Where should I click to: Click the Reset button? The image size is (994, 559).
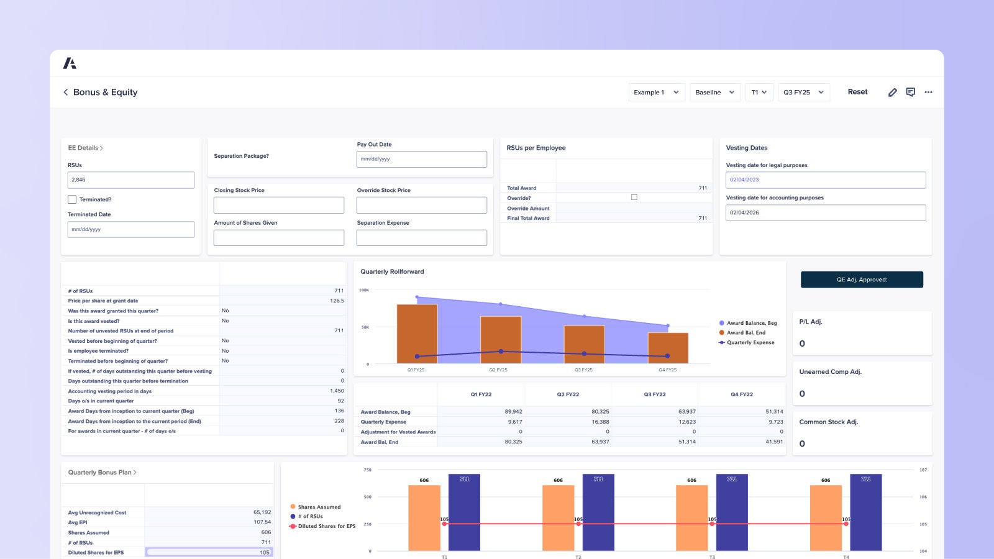pos(857,92)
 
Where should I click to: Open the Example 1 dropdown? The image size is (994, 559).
pos(657,92)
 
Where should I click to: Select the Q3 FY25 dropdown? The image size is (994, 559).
pos(803,92)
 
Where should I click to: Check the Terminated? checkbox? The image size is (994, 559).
pos(72,199)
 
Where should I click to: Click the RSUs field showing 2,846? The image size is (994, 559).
pos(130,180)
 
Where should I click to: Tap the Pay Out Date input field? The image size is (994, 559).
pos(421,159)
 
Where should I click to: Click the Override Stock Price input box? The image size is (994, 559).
pos(421,206)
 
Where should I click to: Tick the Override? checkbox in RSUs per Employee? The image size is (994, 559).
pos(634,198)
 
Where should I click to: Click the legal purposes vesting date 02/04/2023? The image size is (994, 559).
pos(825,180)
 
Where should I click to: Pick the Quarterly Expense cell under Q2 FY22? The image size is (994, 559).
pos(568,422)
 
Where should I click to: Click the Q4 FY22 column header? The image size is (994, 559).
pos(742,394)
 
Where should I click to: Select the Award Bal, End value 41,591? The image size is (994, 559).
pos(774,442)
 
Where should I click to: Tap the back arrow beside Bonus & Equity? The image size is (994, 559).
pos(66,92)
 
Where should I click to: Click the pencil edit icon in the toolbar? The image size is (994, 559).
pos(892,92)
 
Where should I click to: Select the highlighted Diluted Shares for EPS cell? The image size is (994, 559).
pos(209,552)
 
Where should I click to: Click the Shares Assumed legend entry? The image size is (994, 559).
pos(319,507)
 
